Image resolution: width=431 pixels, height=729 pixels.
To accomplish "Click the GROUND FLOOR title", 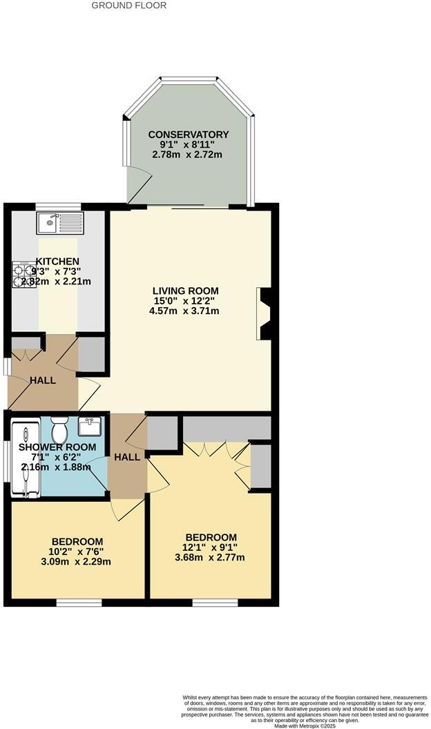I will (x=129, y=6).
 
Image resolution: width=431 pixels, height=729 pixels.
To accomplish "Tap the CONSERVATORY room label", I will (x=188, y=134).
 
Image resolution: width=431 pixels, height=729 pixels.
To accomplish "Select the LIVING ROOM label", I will (x=186, y=291).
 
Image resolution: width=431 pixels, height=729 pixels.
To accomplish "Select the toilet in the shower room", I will (x=58, y=431).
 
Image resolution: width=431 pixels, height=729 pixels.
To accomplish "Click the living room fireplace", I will (x=265, y=314).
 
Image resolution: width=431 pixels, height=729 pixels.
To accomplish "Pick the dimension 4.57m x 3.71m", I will (x=186, y=311).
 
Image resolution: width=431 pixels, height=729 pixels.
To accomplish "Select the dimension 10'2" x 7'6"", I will (x=77, y=552).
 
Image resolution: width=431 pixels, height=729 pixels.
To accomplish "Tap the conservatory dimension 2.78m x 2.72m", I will (x=188, y=155).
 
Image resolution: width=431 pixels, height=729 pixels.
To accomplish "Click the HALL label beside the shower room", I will (x=127, y=457).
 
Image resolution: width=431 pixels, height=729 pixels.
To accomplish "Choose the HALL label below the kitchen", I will (x=43, y=380).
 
